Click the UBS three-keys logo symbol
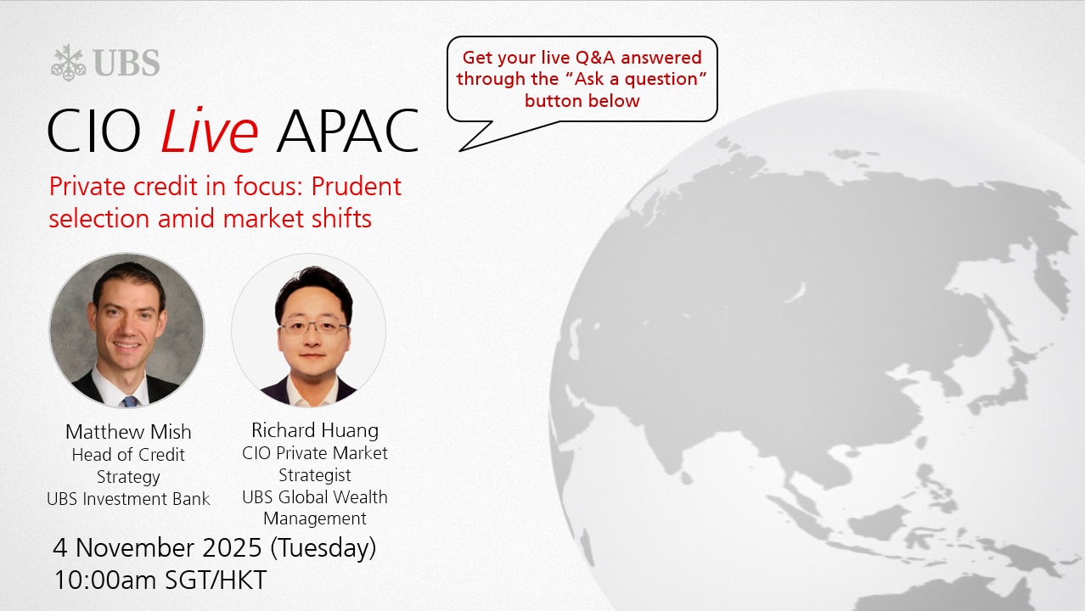click(x=68, y=63)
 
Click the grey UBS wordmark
click(x=126, y=63)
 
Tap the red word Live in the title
click(x=209, y=130)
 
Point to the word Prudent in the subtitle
click(x=356, y=187)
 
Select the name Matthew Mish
click(x=128, y=432)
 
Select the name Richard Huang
click(x=315, y=430)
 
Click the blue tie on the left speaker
click(x=130, y=401)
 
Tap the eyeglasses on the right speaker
click(x=313, y=328)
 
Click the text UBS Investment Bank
click(x=128, y=499)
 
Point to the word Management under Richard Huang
click(x=315, y=519)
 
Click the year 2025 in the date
click(x=232, y=547)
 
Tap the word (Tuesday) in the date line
click(x=323, y=548)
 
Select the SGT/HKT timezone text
click(x=216, y=580)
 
